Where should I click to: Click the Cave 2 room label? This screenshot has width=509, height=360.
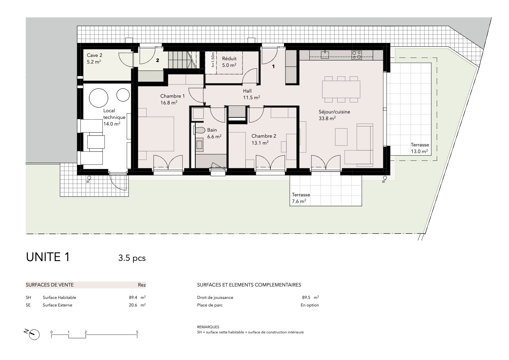click(x=94, y=59)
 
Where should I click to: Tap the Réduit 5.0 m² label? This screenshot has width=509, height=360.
click(x=229, y=62)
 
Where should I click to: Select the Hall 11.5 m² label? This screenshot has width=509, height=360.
click(x=252, y=94)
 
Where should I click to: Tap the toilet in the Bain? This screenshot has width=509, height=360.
click(x=199, y=130)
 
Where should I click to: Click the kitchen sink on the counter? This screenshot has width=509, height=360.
click(x=325, y=55)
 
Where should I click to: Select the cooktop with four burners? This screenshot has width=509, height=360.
click(x=357, y=55)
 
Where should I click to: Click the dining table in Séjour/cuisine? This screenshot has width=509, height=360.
click(x=341, y=89)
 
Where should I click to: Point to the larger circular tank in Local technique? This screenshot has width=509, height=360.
click(x=98, y=98)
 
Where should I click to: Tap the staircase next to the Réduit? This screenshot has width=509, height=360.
click(x=182, y=60)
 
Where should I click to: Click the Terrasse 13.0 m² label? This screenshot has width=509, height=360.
click(x=420, y=148)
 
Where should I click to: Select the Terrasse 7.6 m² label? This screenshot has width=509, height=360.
click(x=301, y=198)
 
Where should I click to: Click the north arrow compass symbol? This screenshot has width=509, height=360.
click(x=33, y=334)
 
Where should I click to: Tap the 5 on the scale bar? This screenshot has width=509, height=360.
click(x=137, y=332)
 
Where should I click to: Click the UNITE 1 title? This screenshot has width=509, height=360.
click(x=48, y=257)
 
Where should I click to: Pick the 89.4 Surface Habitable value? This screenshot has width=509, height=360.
click(x=133, y=297)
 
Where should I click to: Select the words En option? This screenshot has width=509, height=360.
click(x=310, y=305)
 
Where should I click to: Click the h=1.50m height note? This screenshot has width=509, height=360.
click(x=213, y=60)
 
